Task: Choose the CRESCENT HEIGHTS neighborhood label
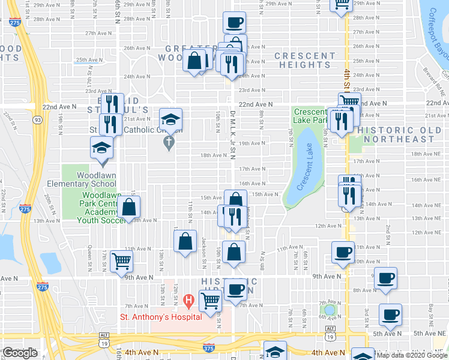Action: coord(305,61)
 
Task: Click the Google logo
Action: coord(20,353)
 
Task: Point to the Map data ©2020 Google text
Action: coord(412,355)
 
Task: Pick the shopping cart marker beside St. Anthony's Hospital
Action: coord(210,300)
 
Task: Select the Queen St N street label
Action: coord(90,257)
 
